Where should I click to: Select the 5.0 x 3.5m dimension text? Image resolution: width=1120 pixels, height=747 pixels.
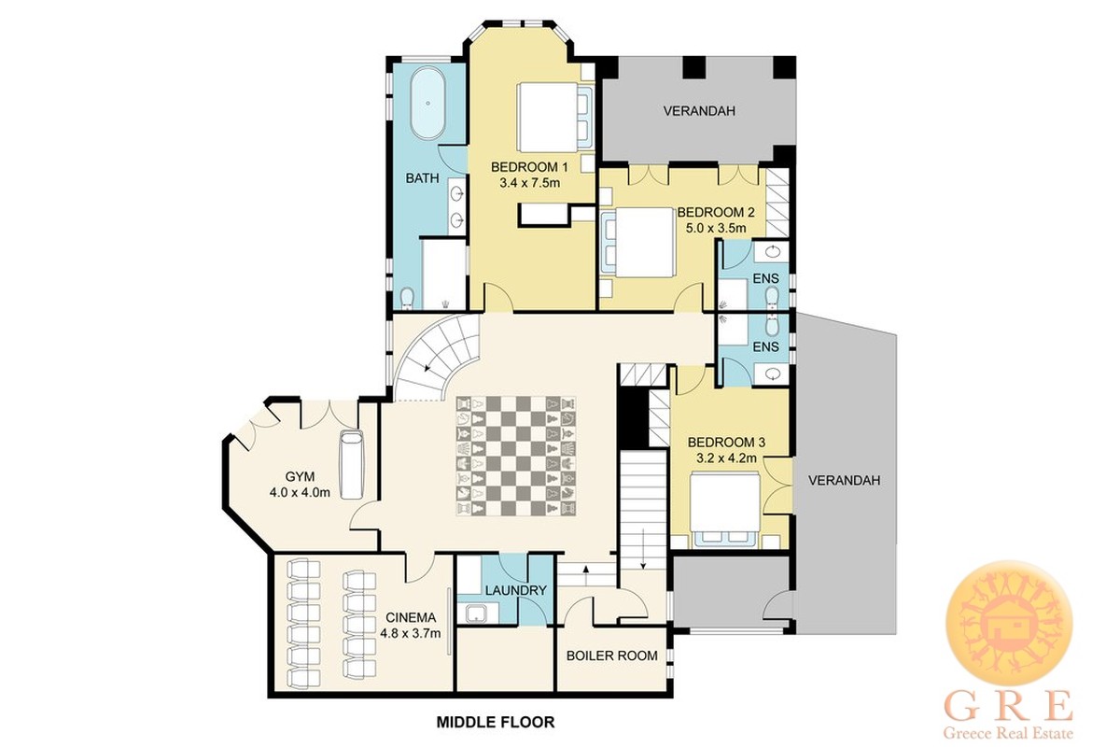(x=716, y=228)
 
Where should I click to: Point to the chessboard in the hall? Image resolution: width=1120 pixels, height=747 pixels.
(x=515, y=456)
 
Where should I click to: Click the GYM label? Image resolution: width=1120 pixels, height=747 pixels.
(x=300, y=476)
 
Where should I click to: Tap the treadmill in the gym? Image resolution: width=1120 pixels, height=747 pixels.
(x=352, y=464)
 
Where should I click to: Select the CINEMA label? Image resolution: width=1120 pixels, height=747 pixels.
(x=411, y=617)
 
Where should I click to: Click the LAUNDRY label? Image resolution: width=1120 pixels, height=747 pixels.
(x=516, y=590)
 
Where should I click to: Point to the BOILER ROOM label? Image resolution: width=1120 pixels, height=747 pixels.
(x=612, y=655)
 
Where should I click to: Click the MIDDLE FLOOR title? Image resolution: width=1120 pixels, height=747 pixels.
(x=496, y=722)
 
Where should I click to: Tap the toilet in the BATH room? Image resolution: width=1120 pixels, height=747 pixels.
(x=408, y=298)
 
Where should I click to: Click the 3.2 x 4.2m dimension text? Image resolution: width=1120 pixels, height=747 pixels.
(x=726, y=458)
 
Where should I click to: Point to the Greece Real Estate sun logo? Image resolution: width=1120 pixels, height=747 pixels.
(x=1009, y=624)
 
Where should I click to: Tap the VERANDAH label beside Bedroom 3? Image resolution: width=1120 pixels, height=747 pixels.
(x=844, y=481)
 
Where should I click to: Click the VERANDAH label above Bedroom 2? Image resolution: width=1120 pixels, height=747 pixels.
(x=699, y=110)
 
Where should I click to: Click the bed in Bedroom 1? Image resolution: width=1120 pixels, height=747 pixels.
(x=554, y=117)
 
